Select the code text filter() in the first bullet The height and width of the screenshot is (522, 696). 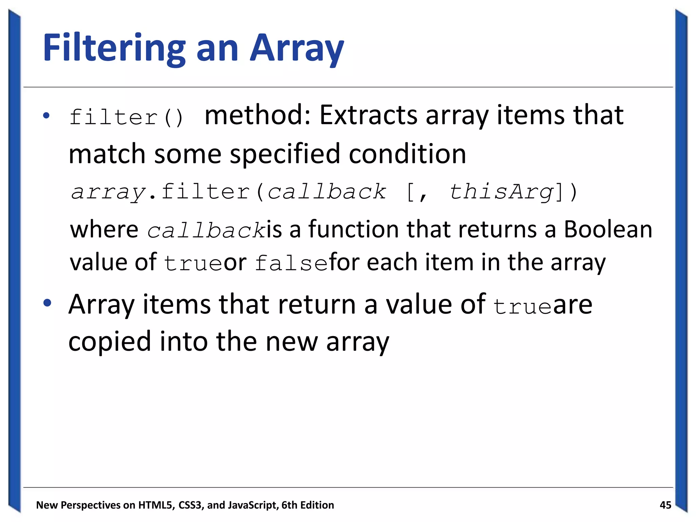point(127,118)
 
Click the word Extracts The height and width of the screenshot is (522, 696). point(368,115)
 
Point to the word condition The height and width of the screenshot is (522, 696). point(407,154)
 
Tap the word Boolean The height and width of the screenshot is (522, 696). point(608,229)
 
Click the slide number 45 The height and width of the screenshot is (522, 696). point(665,505)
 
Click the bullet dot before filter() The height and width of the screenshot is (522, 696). point(47,116)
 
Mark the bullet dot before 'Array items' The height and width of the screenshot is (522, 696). point(47,303)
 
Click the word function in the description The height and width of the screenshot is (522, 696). point(353,229)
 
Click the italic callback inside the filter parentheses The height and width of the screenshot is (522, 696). point(327,192)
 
